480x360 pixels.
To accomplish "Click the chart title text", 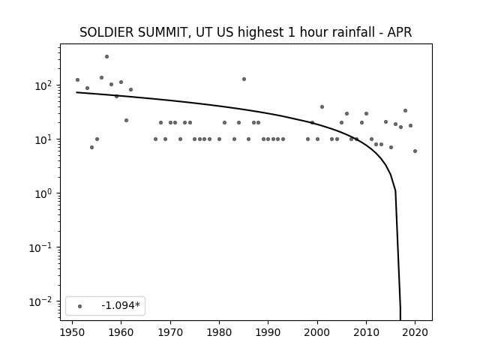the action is tap(245, 32).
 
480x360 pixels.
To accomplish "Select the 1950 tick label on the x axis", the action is tap(72, 332).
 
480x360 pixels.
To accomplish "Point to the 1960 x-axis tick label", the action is tap(121, 332).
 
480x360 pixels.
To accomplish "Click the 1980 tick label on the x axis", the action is tap(219, 332).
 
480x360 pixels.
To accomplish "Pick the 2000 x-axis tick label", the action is tap(317, 332).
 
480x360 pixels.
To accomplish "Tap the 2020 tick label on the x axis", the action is tap(415, 332).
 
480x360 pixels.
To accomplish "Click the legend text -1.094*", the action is tap(121, 305).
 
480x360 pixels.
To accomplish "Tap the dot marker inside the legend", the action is tap(80, 306).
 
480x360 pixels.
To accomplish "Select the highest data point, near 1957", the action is tap(106, 57).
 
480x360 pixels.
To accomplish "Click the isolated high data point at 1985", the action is tap(244, 79).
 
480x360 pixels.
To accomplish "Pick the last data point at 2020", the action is tap(415, 151).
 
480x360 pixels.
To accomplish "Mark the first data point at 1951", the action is tap(77, 80).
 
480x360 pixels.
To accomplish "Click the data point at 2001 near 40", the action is tap(322, 106).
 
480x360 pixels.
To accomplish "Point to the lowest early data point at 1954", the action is tap(91, 147).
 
